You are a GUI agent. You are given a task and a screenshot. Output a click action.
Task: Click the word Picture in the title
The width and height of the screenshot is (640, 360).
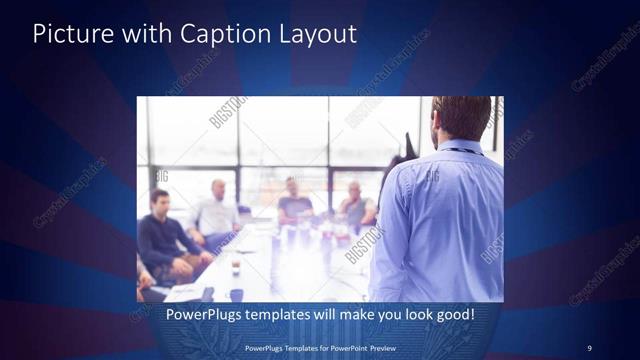(x=72, y=34)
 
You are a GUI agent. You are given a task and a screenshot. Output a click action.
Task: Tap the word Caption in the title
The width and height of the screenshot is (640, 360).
(x=219, y=34)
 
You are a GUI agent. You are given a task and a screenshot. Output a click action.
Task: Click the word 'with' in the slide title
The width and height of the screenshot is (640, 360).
(x=146, y=34)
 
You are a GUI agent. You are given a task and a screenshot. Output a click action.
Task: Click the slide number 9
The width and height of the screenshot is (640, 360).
(x=589, y=348)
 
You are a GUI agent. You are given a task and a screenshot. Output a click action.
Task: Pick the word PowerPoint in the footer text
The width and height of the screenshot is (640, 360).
(x=343, y=348)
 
